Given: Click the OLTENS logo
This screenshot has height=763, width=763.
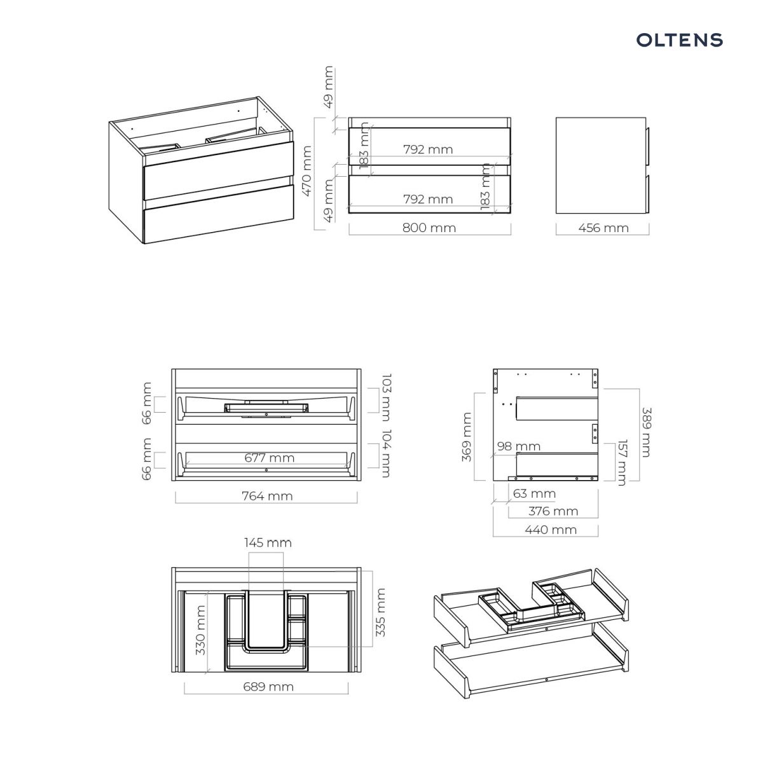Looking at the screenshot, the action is pyautogui.click(x=679, y=40).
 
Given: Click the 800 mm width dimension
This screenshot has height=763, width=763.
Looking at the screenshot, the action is pyautogui.click(x=429, y=228).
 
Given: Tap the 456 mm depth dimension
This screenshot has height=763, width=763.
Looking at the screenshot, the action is pyautogui.click(x=603, y=228).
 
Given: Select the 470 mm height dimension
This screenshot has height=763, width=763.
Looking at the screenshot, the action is pyautogui.click(x=307, y=170).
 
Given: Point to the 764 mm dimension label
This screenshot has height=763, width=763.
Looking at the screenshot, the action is pyautogui.click(x=267, y=496).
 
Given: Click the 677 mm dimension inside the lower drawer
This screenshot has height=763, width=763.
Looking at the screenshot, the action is pyautogui.click(x=269, y=458).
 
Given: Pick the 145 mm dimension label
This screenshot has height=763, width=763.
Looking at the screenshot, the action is pyautogui.click(x=268, y=542).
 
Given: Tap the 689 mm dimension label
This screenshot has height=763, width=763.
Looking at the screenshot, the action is pyautogui.click(x=268, y=687).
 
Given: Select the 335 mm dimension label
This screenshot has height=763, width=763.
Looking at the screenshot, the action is pyautogui.click(x=380, y=612).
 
